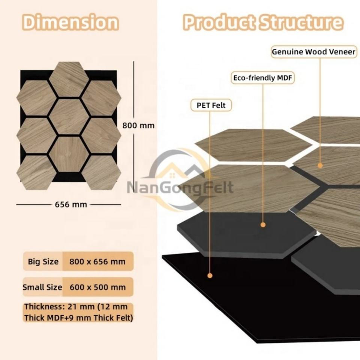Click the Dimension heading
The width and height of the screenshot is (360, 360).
[x=70, y=22]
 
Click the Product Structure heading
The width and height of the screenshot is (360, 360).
[x=263, y=22]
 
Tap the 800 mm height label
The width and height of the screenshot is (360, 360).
[x=138, y=126]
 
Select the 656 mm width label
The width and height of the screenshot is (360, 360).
[x=71, y=204]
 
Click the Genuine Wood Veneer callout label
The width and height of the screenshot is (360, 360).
[x=313, y=52]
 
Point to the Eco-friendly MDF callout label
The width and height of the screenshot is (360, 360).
[x=262, y=78]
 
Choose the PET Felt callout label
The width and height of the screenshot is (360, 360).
[x=211, y=105]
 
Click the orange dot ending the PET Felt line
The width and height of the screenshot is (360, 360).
[x=210, y=276]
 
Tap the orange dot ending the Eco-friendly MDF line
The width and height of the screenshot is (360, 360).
[x=263, y=225]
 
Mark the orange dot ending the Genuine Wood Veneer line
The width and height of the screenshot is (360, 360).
[x=320, y=165]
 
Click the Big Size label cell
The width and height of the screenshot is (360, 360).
[x=43, y=261]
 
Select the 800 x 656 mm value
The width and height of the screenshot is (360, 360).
[x=97, y=261]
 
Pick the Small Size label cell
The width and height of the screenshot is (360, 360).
[x=42, y=287]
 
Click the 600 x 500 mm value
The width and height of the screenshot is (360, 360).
[x=97, y=287]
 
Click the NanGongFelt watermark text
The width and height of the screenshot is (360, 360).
[x=180, y=187]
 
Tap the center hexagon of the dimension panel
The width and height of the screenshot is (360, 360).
[x=69, y=117]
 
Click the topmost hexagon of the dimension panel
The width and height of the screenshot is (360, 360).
[x=69, y=79]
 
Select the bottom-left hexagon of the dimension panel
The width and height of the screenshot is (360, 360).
[x=36, y=172]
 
